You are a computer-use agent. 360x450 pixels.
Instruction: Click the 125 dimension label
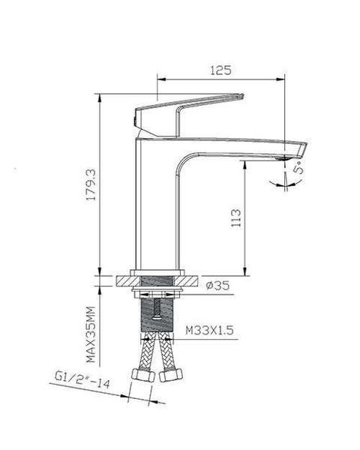[220, 70]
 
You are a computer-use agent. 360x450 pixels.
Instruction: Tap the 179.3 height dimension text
[91, 184]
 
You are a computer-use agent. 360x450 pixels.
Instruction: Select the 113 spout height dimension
[236, 217]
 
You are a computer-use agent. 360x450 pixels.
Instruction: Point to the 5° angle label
[298, 167]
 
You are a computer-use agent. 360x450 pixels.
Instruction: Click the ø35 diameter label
[218, 285]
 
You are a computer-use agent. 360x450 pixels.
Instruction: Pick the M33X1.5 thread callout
[209, 330]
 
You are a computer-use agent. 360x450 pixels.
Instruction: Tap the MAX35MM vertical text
[91, 334]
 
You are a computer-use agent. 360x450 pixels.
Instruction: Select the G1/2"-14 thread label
[82, 379]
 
